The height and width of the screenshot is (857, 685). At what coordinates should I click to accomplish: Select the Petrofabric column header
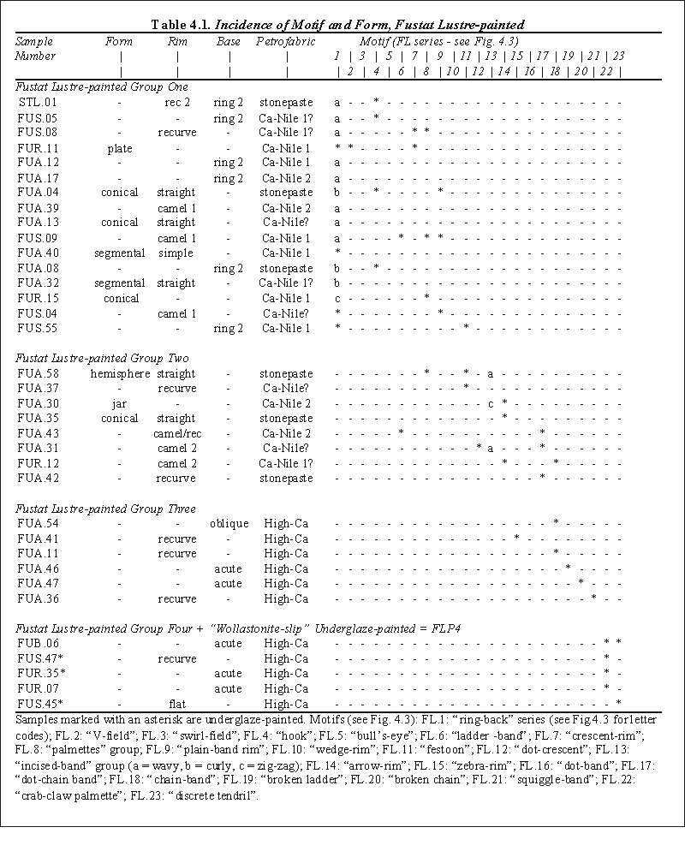pyautogui.click(x=286, y=41)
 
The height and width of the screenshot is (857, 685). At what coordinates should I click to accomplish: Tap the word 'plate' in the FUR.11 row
pyautogui.click(x=120, y=148)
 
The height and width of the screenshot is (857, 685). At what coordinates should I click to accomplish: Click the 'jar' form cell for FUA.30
pyautogui.click(x=120, y=403)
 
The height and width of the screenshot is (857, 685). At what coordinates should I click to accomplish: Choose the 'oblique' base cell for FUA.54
pyautogui.click(x=229, y=523)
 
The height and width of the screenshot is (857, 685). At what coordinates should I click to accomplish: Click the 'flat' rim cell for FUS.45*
pyautogui.click(x=177, y=704)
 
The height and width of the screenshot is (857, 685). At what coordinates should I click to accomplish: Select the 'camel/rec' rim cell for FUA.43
pyautogui.click(x=177, y=433)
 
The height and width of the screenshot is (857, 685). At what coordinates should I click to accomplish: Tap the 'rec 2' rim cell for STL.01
pyautogui.click(x=177, y=102)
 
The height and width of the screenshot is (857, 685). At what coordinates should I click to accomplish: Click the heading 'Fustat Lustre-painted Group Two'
pyautogui.click(x=102, y=358)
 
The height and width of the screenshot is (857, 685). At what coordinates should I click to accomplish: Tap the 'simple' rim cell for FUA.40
pyautogui.click(x=177, y=253)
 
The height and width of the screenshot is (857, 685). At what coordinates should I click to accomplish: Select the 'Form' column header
pyautogui.click(x=119, y=41)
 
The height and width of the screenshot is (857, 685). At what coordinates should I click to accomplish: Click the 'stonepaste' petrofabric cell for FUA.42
pyautogui.click(x=286, y=478)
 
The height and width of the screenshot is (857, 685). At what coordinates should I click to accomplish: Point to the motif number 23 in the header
pyautogui.click(x=618, y=57)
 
